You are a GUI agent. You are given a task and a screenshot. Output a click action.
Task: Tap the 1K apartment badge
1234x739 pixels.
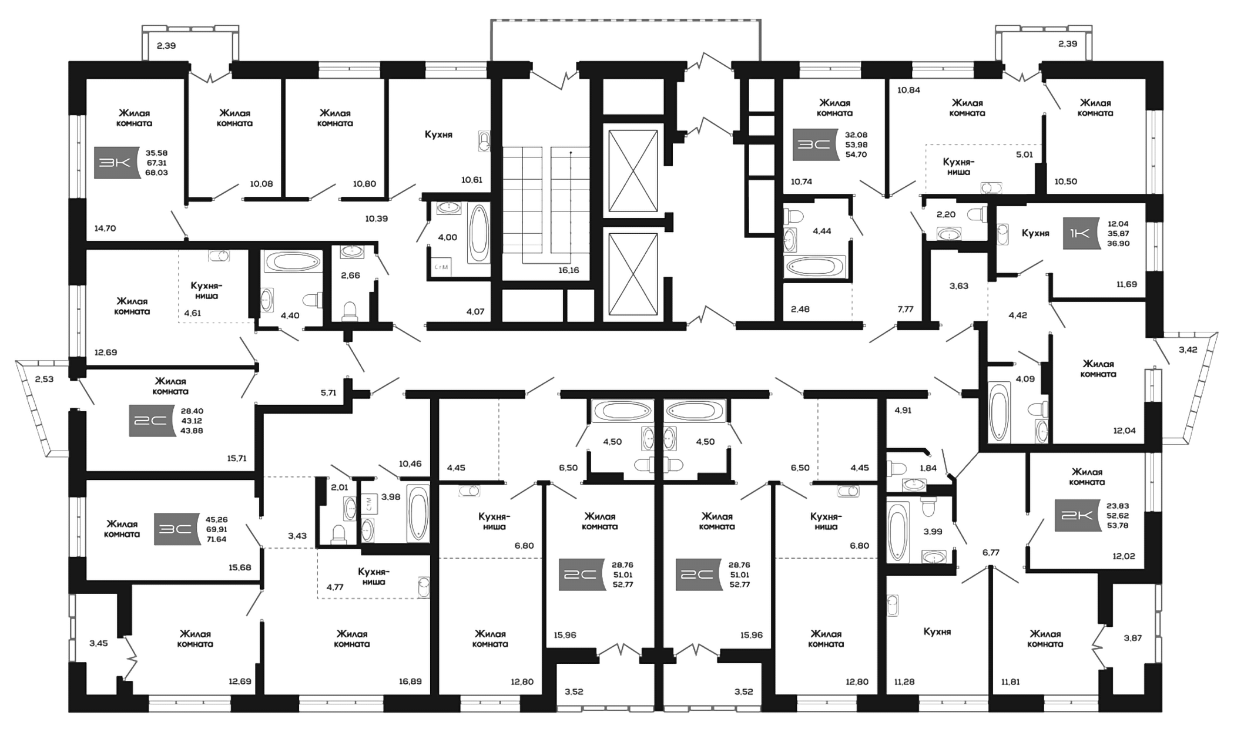(x=1081, y=233)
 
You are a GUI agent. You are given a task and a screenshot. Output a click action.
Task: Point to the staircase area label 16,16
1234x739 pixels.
(x=568, y=270)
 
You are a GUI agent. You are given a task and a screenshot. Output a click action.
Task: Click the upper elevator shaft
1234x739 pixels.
(x=633, y=170)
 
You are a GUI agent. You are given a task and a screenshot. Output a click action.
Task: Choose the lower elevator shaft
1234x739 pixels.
(x=633, y=274)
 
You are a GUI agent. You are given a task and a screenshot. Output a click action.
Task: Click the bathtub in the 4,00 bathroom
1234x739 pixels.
(x=479, y=233)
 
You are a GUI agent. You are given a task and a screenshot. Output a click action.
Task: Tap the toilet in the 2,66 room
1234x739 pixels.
(x=350, y=311)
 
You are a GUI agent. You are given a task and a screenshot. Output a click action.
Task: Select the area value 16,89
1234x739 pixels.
(x=410, y=681)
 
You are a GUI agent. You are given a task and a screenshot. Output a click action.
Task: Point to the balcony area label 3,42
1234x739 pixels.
(x=1188, y=350)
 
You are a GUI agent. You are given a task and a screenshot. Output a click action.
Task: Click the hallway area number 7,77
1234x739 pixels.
(x=906, y=308)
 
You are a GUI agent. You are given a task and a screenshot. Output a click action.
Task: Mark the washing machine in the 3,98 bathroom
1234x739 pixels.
(x=368, y=503)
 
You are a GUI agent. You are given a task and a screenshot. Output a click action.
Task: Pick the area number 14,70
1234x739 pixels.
(x=105, y=228)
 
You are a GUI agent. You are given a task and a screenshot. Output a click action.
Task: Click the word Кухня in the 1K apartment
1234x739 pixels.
(x=1035, y=233)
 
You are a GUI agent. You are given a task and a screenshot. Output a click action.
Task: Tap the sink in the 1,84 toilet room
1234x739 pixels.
(x=914, y=485)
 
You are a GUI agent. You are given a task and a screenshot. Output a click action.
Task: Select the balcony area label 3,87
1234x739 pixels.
(x=1132, y=637)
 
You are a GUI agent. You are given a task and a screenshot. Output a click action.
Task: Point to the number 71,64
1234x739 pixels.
(x=216, y=539)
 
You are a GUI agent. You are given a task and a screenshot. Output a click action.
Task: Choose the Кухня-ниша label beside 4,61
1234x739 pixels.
(x=206, y=290)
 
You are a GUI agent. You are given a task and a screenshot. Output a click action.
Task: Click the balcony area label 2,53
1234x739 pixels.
(x=44, y=379)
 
